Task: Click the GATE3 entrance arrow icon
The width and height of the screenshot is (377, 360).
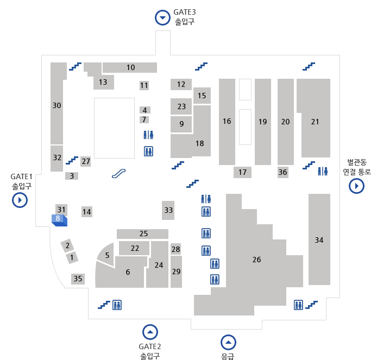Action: (x=162, y=18)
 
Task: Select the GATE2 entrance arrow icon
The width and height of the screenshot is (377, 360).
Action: (x=150, y=331)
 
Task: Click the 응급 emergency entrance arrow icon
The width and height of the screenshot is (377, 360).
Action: (x=228, y=343)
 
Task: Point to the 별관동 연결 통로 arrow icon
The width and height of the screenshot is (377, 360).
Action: (x=356, y=186)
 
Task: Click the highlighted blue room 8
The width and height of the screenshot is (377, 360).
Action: (x=58, y=219)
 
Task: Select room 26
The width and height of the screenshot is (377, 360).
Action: (x=256, y=260)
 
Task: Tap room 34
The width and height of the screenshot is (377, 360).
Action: (x=319, y=239)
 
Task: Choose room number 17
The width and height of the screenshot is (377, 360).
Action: (x=242, y=172)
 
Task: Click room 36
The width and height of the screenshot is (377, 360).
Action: (x=282, y=172)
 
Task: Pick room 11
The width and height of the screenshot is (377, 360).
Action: (x=144, y=85)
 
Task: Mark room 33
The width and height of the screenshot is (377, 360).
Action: (x=168, y=210)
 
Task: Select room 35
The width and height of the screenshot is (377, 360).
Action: (x=78, y=279)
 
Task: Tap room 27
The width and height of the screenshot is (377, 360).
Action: (x=86, y=161)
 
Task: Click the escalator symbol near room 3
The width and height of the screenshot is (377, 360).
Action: (x=120, y=173)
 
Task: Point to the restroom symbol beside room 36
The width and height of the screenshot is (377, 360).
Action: (x=323, y=171)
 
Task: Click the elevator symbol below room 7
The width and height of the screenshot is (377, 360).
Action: (x=148, y=151)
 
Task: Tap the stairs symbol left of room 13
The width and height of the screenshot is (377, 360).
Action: (x=75, y=67)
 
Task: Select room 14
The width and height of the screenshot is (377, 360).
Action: (x=87, y=212)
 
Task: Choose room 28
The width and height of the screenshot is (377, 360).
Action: (x=175, y=249)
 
